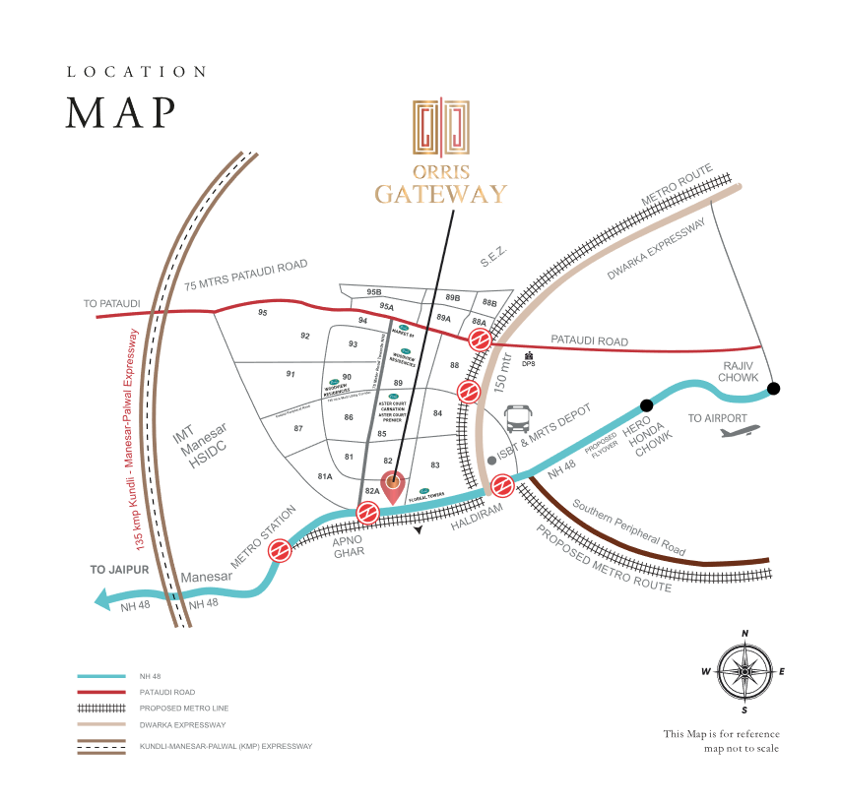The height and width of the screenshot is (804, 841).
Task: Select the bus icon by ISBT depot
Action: pos(520,419)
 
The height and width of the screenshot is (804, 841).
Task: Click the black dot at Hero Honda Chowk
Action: pos(646,404)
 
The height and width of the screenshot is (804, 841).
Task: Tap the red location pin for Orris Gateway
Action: pos(393,485)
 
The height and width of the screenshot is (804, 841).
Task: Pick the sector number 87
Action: pos(298,428)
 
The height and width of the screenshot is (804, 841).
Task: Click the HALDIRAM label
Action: pos(476,521)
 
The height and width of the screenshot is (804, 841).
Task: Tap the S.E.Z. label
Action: pos(492,255)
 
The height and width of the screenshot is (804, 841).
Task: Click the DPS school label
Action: pos(529,363)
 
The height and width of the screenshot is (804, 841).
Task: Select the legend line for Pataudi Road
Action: pos(101,692)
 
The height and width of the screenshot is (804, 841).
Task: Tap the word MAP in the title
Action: pos(120,113)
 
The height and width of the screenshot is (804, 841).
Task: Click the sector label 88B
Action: pos(489,303)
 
